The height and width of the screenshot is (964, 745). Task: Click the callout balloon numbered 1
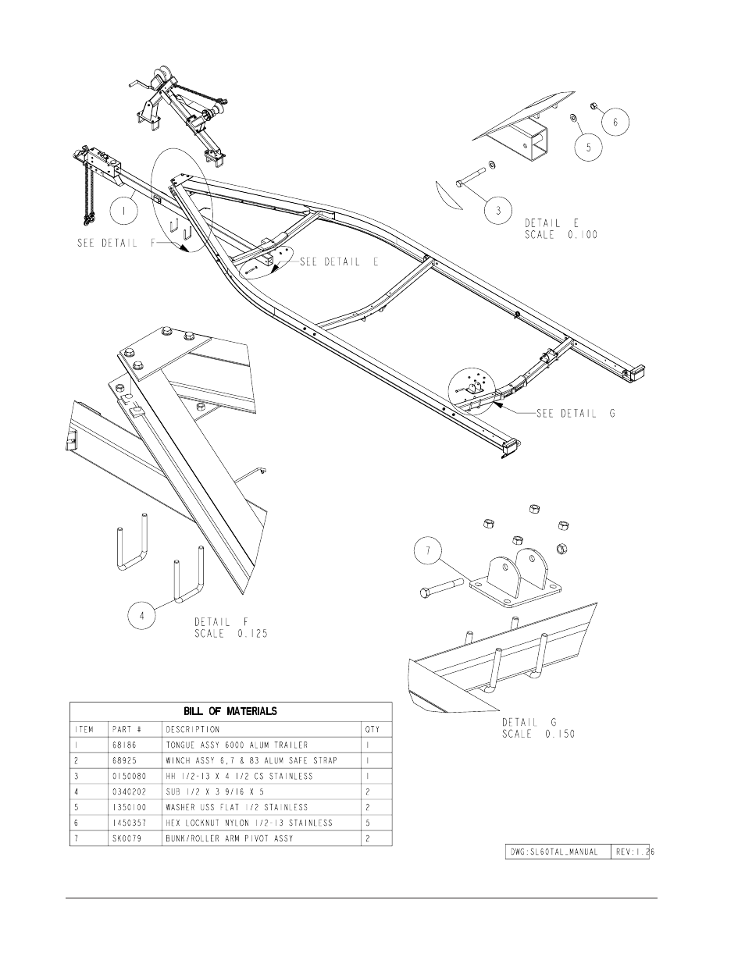click(123, 212)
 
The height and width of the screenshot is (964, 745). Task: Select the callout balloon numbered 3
click(498, 210)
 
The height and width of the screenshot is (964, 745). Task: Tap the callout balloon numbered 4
click(141, 616)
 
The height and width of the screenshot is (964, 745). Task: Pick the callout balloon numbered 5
click(588, 148)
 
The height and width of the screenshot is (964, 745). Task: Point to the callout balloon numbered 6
click(615, 122)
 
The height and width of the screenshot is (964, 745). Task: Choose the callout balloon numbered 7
click(428, 550)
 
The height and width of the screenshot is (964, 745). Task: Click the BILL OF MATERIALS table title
click(230, 711)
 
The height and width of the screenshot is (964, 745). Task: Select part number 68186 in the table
click(125, 745)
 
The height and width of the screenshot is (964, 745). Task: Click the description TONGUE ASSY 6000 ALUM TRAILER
click(237, 745)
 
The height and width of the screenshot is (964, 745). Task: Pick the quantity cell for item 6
click(368, 823)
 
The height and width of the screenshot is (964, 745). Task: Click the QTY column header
click(372, 729)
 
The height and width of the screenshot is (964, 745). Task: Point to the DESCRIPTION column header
click(193, 729)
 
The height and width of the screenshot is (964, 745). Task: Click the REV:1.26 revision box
click(633, 852)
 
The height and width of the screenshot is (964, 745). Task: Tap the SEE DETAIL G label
click(576, 414)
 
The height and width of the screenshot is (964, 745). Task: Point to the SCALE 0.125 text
click(231, 634)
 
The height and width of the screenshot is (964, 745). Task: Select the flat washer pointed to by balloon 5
click(573, 118)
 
